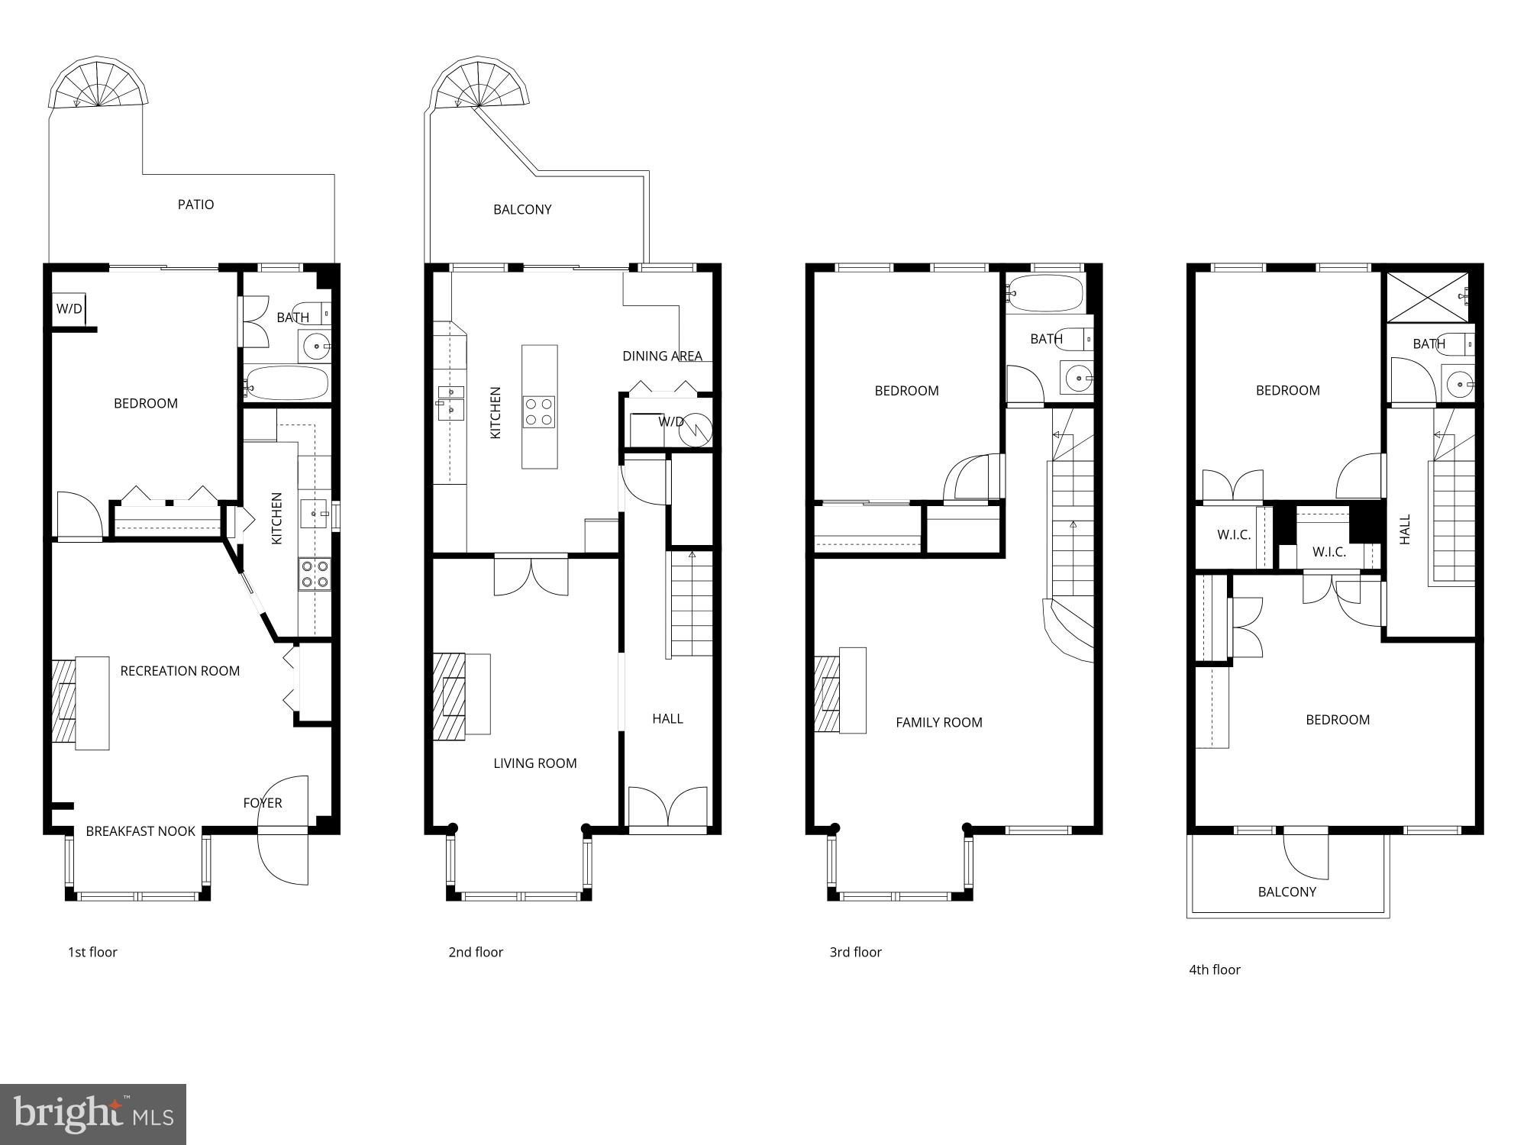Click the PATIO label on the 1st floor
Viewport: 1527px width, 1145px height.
[x=195, y=205]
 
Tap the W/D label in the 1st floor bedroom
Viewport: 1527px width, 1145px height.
[x=69, y=309]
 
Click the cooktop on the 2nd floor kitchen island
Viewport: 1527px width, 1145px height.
[x=538, y=411]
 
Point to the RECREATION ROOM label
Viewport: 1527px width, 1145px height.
[x=179, y=671]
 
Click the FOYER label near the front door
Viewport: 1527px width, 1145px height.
[x=262, y=803]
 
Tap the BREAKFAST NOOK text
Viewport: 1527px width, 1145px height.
[x=140, y=831]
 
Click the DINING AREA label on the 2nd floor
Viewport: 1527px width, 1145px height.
[x=662, y=356]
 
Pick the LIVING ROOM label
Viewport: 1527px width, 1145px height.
[x=534, y=763]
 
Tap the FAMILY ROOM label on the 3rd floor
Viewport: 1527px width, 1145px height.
[x=938, y=722]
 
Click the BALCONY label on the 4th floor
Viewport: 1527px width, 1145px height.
[x=1286, y=892]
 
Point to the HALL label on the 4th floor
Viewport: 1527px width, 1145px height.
[x=1405, y=529]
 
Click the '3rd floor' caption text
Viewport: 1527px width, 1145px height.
[x=855, y=952]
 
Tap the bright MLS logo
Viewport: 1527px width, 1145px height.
[x=93, y=1114]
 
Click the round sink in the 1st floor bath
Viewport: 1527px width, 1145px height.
[x=315, y=347]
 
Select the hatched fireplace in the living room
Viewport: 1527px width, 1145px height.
[x=449, y=696]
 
